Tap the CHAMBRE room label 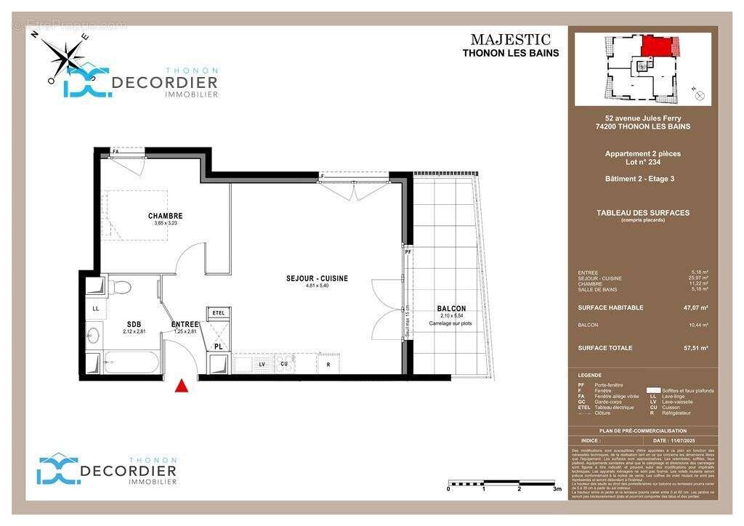point(165,216)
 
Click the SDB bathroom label point(134,324)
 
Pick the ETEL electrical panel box point(219,313)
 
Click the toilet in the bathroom point(121,288)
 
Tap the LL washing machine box point(95,308)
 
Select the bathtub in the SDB point(132,363)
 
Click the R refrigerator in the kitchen point(328,363)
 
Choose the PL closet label point(218,347)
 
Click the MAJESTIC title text point(510,40)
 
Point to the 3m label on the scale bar point(557,490)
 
